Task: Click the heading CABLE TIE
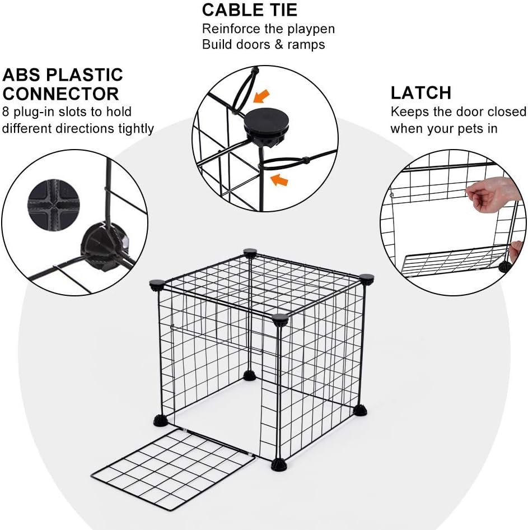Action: tap(250, 10)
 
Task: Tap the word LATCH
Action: tap(420, 92)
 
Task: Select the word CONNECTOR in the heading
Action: tap(60, 94)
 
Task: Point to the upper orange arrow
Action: tap(259, 97)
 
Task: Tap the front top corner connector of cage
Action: tap(280, 320)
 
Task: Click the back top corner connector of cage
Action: tap(250, 253)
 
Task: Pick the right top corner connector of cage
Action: tap(367, 278)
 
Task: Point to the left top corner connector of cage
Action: tap(157, 285)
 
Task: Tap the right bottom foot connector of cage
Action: tap(361, 411)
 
